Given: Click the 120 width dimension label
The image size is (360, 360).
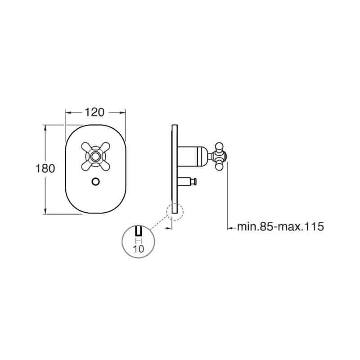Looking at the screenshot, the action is [94, 112].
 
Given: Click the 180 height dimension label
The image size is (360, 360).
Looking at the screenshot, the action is [45, 168].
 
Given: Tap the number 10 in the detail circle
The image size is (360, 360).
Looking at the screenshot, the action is [139, 249].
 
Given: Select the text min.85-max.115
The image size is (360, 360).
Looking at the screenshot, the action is [280, 227].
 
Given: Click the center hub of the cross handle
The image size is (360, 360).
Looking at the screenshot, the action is [95, 157].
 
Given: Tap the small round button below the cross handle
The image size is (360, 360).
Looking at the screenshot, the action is [95, 182].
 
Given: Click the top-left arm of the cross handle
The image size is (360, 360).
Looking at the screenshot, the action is [86, 148].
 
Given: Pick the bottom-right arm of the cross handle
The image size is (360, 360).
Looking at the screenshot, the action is [104, 166].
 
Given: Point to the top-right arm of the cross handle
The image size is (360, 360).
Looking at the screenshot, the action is [104, 148].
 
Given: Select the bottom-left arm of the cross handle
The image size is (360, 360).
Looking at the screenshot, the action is [86, 166].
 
